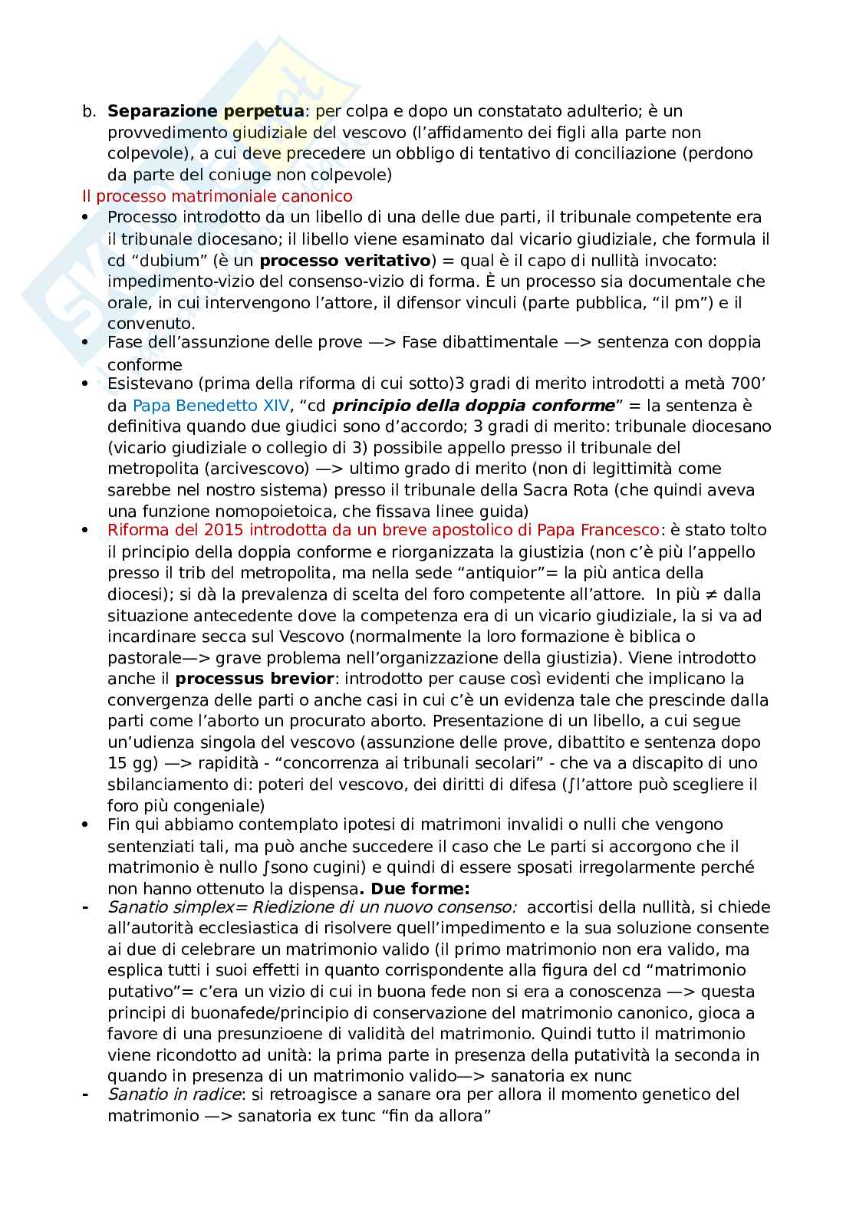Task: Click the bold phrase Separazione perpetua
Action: coord(206,111)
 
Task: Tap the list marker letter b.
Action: coord(88,111)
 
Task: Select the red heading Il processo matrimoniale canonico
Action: coord(217,196)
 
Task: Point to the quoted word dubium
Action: coord(174,260)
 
